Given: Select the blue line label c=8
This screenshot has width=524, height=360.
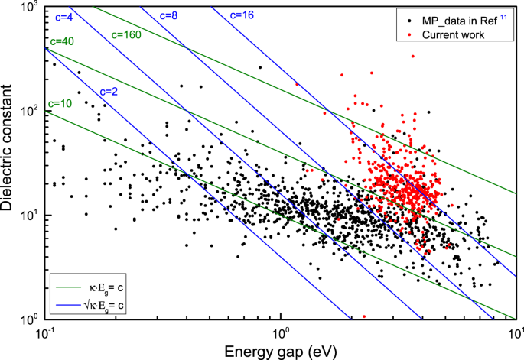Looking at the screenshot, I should click(x=171, y=15).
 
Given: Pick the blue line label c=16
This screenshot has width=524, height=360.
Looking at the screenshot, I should click(x=242, y=15).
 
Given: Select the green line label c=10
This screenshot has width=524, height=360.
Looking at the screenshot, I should click(x=60, y=102).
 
